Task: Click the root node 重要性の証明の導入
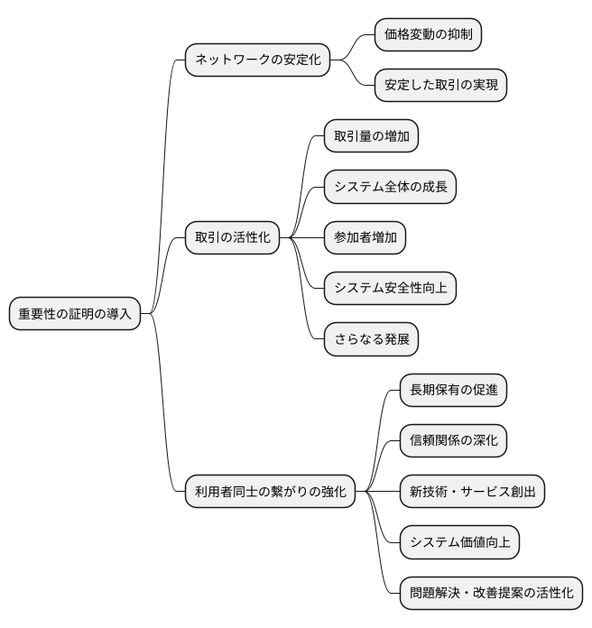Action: coord(75,314)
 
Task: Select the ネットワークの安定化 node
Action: coord(257,60)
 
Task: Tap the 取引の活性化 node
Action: coord(232,238)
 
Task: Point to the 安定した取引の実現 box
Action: coord(440,86)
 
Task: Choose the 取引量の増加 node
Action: coord(371,136)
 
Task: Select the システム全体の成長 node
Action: coord(390,187)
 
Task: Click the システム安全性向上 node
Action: coord(390,289)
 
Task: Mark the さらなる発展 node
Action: coord(371,339)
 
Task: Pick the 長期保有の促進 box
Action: coord(453,391)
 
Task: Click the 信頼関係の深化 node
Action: coord(453,441)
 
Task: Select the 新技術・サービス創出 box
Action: coord(472,492)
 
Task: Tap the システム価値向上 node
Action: coord(459,542)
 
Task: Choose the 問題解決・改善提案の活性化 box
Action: coord(491,593)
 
